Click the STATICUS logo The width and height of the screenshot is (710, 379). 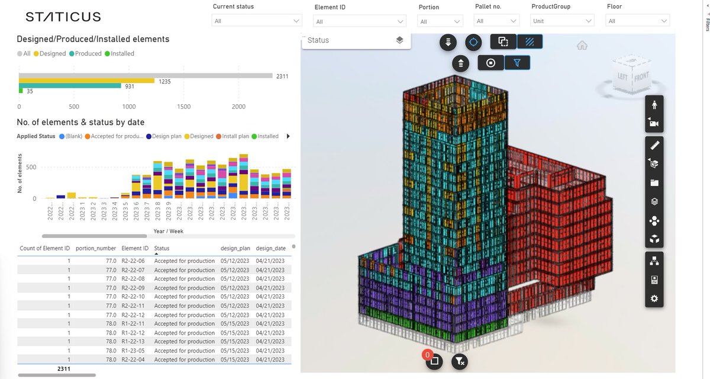63,17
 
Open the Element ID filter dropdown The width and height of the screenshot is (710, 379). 360,21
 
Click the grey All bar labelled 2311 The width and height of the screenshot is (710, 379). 145,76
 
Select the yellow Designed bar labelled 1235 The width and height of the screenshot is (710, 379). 86,81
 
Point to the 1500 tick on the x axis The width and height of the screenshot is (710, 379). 183,107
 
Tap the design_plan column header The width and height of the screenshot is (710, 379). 235,249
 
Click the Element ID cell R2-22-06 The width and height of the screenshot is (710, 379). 133,261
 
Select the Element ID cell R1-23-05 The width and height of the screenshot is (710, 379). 133,351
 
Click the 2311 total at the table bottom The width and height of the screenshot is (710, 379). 63,368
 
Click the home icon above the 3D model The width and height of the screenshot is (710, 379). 582,46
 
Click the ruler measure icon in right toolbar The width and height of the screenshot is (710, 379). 654,144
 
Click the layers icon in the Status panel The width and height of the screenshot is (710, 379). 399,40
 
